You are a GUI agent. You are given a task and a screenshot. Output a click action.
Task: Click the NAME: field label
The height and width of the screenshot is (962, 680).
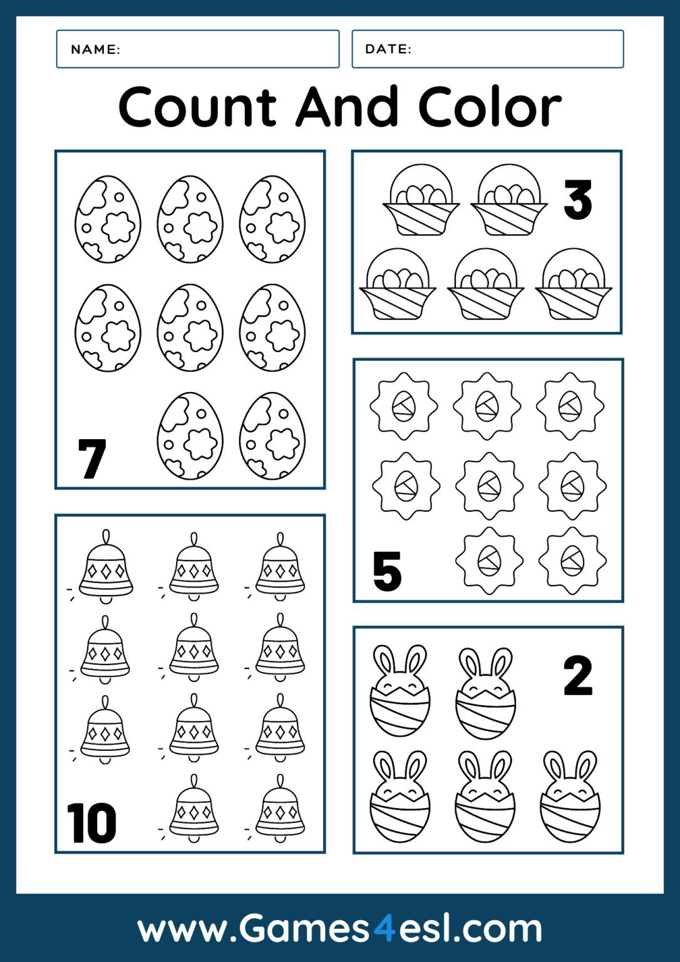[95, 49]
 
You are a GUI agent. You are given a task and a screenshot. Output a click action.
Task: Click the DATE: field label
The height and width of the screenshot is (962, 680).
[388, 49]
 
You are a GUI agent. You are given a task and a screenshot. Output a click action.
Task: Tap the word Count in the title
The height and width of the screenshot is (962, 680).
[197, 107]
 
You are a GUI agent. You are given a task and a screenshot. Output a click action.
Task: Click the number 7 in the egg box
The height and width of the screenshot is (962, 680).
[92, 458]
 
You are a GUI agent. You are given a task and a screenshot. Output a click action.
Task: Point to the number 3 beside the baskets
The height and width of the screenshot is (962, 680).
[577, 200]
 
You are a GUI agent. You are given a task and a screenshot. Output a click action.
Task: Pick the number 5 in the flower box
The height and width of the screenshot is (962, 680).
[387, 571]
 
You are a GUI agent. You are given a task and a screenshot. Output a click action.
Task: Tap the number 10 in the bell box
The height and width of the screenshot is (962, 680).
[91, 823]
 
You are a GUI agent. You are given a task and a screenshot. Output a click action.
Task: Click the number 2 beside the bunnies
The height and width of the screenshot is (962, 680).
[577, 676]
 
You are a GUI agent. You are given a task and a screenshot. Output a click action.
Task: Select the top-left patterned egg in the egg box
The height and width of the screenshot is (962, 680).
[108, 219]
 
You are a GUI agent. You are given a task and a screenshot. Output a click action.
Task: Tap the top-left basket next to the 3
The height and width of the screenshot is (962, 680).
[421, 200]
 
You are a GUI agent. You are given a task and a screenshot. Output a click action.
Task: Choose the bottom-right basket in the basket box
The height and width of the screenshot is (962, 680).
[574, 285]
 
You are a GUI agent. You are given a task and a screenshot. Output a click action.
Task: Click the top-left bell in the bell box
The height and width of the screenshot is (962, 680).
[106, 567]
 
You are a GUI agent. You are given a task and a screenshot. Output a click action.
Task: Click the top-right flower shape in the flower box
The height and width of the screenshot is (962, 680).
[570, 406]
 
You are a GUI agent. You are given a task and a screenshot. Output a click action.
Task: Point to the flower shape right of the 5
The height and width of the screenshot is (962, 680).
[489, 560]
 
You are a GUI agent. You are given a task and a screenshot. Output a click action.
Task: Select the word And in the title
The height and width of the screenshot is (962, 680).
[347, 107]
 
